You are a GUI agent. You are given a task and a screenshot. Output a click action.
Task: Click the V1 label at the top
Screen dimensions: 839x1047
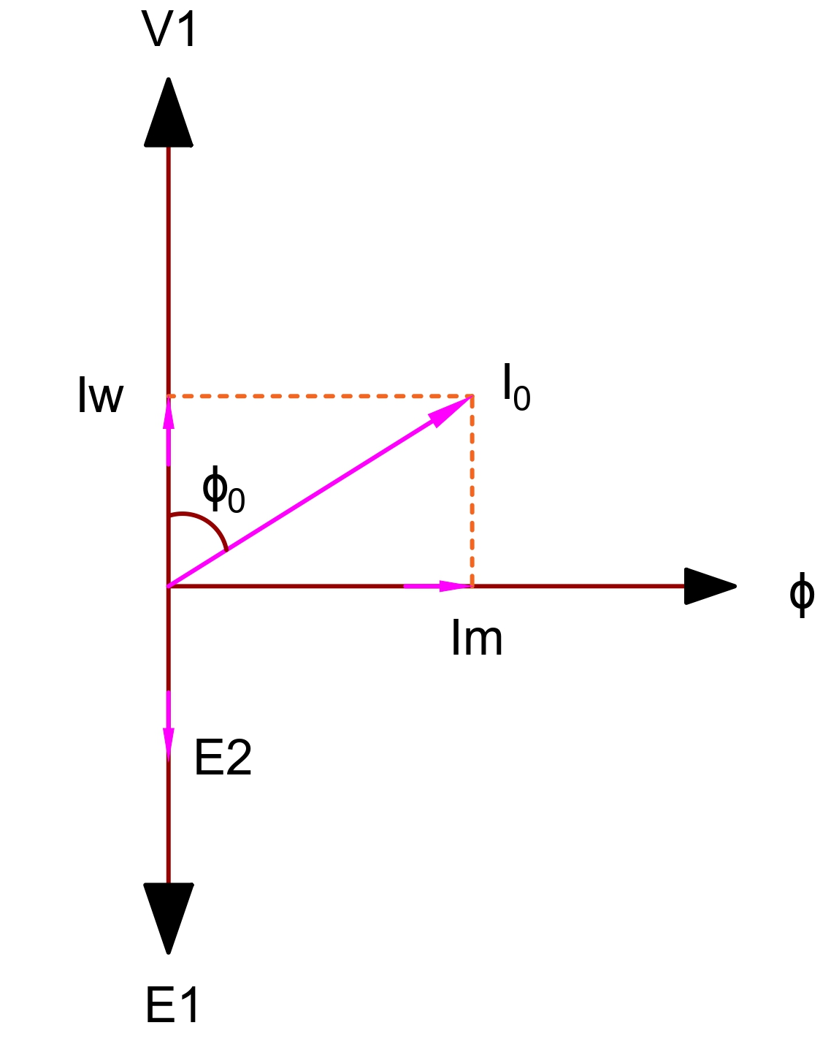point(169,28)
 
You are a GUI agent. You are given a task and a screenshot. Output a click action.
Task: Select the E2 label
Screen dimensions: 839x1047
point(223,757)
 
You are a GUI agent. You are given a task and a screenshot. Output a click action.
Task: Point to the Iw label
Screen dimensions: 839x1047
point(101,395)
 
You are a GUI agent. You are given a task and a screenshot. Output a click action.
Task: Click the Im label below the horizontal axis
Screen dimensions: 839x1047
point(477,638)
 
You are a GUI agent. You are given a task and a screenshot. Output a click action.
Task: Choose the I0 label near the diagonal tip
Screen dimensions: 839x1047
point(516,387)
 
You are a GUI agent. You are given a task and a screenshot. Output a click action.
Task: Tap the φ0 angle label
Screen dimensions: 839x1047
point(223,490)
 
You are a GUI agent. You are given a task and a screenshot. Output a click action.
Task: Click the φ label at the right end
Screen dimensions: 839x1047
point(802,595)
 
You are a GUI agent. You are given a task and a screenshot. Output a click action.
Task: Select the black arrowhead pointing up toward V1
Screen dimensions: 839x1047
point(168,113)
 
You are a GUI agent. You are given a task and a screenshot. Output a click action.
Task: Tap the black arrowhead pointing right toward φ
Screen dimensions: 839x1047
point(710,586)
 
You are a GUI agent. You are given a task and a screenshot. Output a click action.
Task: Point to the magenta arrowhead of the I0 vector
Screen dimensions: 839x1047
point(450,411)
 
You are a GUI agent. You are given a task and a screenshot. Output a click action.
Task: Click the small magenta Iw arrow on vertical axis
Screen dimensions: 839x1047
point(168,431)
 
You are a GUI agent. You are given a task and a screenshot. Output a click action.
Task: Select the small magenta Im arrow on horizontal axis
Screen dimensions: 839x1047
point(437,586)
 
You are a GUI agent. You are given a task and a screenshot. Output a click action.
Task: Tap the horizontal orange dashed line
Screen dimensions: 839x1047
point(320,397)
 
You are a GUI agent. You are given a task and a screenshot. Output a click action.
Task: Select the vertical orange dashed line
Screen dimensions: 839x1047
point(472,492)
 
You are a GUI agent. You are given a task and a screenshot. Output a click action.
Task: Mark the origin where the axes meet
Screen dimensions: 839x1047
point(168,586)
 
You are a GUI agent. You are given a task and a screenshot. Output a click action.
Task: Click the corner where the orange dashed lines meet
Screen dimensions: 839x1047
point(472,397)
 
